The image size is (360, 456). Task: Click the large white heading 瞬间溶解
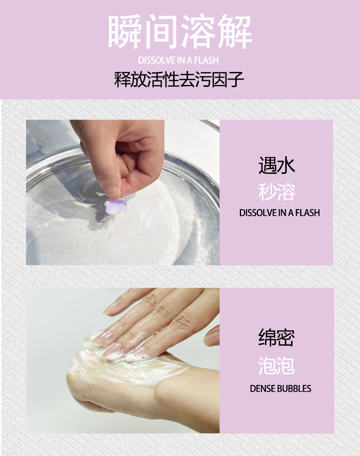180,32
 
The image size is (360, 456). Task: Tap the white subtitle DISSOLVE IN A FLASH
178,60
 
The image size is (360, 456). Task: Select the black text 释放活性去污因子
179,80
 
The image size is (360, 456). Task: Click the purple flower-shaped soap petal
114,205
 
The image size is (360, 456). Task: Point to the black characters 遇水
277,165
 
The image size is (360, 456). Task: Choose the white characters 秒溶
277,192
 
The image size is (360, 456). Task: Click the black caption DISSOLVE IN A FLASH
279,213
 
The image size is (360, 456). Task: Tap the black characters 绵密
277,338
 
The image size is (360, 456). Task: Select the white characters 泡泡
277,365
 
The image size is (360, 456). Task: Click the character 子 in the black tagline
235,80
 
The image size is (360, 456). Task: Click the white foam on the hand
121,360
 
